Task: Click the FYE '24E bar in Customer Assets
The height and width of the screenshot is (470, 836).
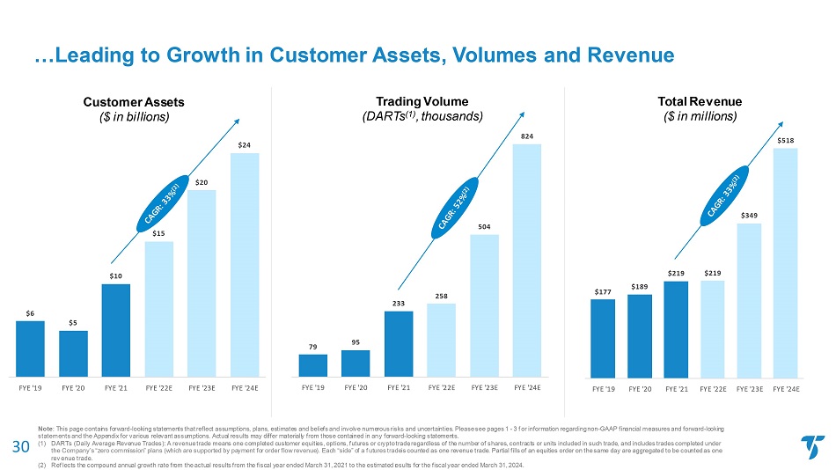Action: click(245, 265)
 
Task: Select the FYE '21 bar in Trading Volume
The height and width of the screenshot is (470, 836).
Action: click(399, 344)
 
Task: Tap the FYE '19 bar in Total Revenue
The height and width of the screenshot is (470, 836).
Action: click(603, 339)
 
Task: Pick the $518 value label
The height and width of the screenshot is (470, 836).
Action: click(785, 141)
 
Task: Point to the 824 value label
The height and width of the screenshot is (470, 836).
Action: click(527, 136)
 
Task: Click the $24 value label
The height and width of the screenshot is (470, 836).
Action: click(244, 145)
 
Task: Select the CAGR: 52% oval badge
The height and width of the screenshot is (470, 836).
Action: click(455, 208)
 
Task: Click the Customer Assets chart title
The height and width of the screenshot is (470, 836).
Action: click(134, 102)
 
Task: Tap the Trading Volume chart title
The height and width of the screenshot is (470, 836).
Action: click(422, 101)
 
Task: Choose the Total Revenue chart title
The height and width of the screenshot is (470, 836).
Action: click(700, 101)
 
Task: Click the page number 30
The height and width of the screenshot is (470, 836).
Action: click(21, 446)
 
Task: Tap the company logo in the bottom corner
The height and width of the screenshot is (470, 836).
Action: click(812, 447)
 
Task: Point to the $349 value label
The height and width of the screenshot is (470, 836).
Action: click(749, 216)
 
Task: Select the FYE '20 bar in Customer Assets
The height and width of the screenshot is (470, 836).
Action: click(74, 354)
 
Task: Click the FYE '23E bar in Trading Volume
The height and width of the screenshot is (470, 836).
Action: click(484, 305)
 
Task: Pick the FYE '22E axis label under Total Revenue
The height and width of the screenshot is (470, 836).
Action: click(713, 389)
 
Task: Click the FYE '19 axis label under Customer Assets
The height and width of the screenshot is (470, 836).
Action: click(31, 388)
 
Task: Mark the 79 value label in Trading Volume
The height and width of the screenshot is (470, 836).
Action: click(313, 347)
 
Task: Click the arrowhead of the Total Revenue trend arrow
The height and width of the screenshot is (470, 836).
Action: click(781, 125)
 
